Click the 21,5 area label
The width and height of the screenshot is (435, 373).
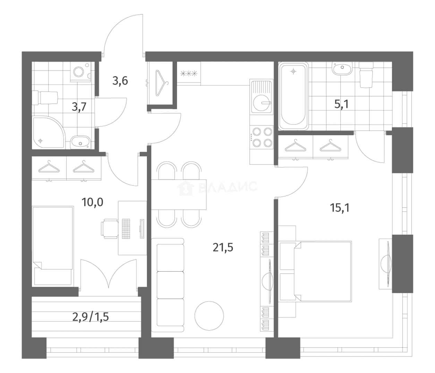(223, 247)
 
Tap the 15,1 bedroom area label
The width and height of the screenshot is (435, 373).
(340, 208)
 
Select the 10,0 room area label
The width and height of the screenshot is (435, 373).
(92, 202)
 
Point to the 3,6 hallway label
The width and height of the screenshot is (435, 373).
(120, 80)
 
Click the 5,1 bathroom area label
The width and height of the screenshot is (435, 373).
(341, 104)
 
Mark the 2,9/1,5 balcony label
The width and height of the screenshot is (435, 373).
(91, 317)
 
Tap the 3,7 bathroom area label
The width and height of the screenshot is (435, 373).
(79, 107)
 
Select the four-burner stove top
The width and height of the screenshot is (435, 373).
(261, 137)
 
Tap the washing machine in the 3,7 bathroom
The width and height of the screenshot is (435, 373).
(80, 71)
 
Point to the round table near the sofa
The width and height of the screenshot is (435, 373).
(209, 316)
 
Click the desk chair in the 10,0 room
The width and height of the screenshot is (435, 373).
(109, 229)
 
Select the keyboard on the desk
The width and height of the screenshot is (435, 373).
(126, 229)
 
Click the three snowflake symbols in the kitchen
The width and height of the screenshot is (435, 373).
(189, 74)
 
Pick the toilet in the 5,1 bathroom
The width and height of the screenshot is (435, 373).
(366, 75)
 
